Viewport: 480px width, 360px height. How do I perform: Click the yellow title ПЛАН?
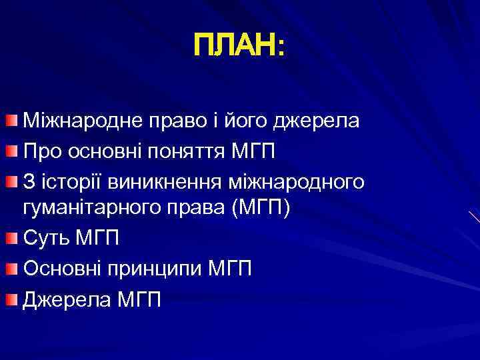pyautogui.click(x=239, y=47)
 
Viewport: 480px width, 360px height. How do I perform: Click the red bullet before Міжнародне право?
pyautogui.click(x=14, y=121)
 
